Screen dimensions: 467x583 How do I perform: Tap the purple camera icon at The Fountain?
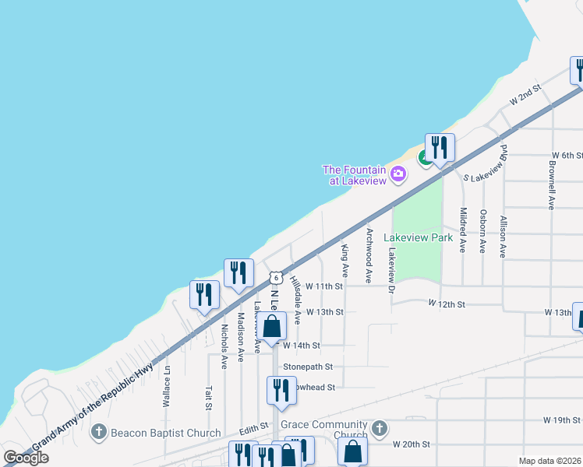tap(398, 173)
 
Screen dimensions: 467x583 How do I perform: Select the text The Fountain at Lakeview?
tap(355, 175)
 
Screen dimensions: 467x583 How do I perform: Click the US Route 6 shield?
tap(275, 278)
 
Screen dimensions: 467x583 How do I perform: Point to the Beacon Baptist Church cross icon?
tap(98, 432)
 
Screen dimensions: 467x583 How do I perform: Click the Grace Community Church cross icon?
tap(379, 429)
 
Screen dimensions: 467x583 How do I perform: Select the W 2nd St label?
tap(525, 97)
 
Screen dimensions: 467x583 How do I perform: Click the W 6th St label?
tap(567, 156)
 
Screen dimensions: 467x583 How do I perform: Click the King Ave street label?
tap(344, 260)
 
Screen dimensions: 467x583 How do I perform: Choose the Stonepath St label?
tap(308, 366)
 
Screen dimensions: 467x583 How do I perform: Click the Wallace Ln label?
tap(166, 388)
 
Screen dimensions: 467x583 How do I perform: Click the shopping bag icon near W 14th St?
tap(271, 327)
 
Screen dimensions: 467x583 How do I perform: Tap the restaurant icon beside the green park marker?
tap(440, 147)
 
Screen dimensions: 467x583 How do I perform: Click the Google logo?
tap(26, 458)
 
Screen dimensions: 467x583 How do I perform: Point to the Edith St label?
tap(254, 427)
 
